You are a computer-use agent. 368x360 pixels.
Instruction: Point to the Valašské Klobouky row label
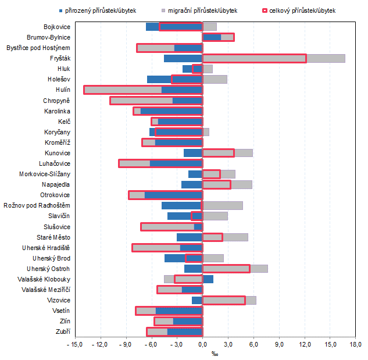[x=43, y=279]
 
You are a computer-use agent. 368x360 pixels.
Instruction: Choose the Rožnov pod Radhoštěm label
[x=37, y=205]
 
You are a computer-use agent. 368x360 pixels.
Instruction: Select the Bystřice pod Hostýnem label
[x=38, y=48]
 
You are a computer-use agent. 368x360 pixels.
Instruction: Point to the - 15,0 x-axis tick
[x=75, y=345]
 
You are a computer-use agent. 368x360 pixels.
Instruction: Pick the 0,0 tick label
[x=202, y=345]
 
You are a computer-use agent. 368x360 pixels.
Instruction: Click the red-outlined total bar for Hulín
[x=143, y=90]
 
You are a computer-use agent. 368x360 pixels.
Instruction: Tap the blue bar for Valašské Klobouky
[x=208, y=279]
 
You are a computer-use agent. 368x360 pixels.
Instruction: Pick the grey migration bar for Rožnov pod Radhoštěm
[x=223, y=205]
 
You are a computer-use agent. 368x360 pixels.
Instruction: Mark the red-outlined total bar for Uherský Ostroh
[x=226, y=269]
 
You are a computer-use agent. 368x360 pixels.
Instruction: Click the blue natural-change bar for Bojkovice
[x=152, y=27]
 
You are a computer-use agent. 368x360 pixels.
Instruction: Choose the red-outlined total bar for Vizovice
[x=224, y=300]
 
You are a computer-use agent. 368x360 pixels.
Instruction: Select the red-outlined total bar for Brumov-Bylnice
[x=218, y=37]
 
